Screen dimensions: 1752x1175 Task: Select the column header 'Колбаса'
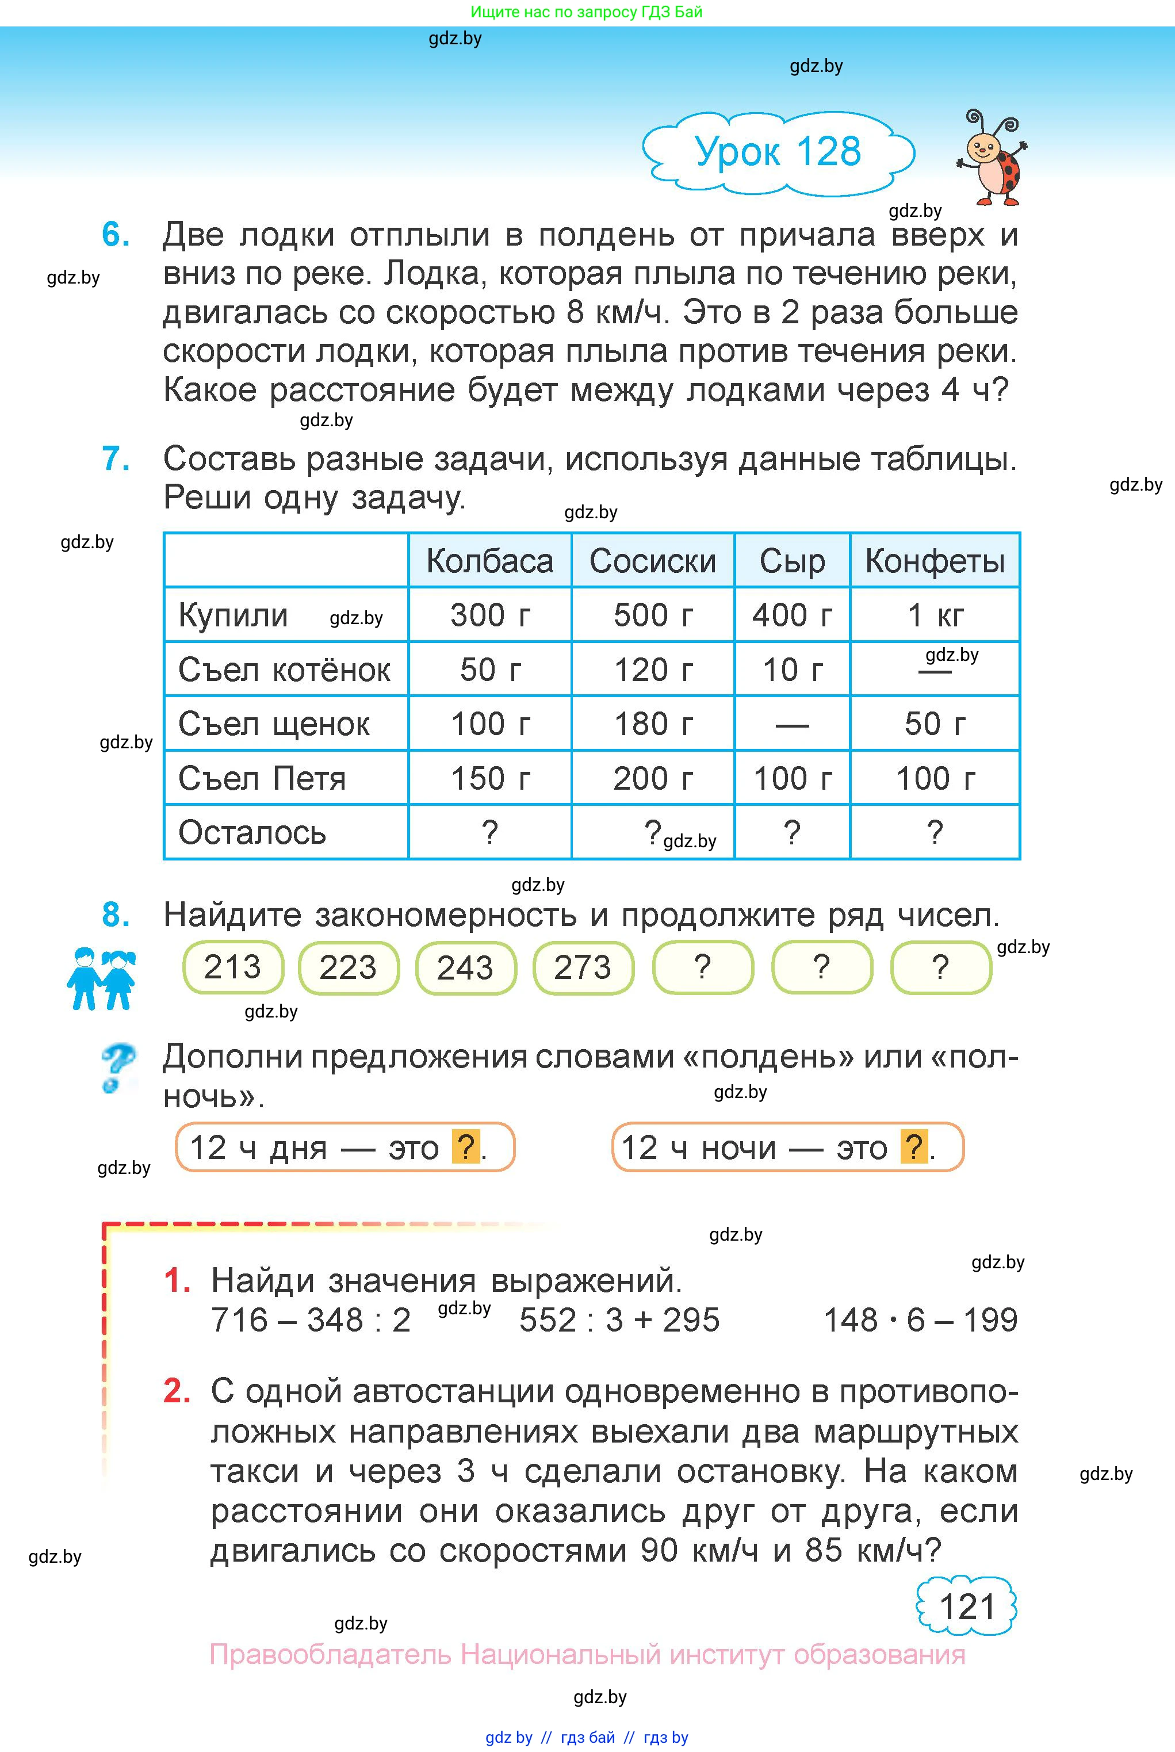tap(489, 561)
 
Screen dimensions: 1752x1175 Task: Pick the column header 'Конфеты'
tap(935, 561)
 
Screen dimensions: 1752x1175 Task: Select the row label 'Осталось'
tap(252, 832)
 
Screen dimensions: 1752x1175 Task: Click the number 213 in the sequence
tap(232, 967)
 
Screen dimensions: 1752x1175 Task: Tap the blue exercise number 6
tap(116, 235)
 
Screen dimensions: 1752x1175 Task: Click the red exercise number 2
tap(177, 1391)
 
